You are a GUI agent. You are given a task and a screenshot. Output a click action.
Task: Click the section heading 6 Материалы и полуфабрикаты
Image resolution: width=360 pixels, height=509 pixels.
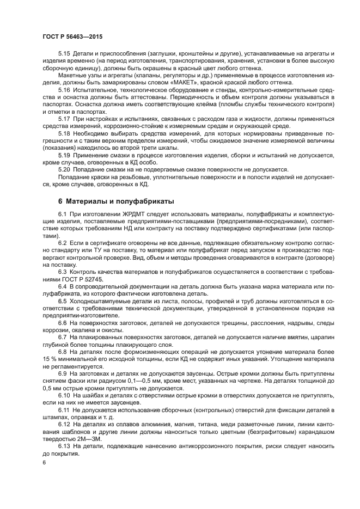(x=116, y=201)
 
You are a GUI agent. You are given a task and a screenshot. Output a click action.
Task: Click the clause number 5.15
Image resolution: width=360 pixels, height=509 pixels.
(x=64, y=53)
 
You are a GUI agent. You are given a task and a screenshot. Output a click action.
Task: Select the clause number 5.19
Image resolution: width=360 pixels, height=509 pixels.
(x=64, y=155)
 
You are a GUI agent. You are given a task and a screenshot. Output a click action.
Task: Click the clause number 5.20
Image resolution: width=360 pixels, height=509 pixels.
(x=64, y=169)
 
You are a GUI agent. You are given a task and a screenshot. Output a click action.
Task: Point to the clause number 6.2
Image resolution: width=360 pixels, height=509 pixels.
(x=63, y=242)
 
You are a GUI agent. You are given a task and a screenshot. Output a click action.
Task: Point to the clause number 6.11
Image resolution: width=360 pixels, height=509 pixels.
(x=64, y=409)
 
